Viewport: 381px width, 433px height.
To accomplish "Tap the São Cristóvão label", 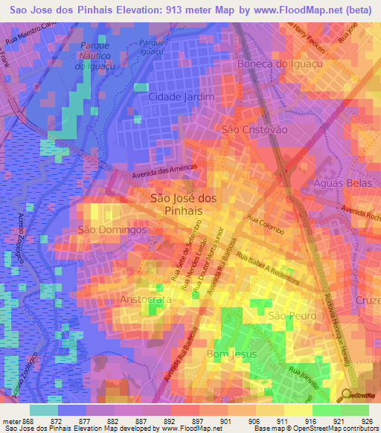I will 252,129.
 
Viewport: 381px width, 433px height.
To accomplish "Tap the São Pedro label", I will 288,316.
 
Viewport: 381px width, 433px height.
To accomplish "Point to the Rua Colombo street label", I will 266,225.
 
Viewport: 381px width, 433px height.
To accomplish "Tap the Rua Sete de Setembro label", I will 187,250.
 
